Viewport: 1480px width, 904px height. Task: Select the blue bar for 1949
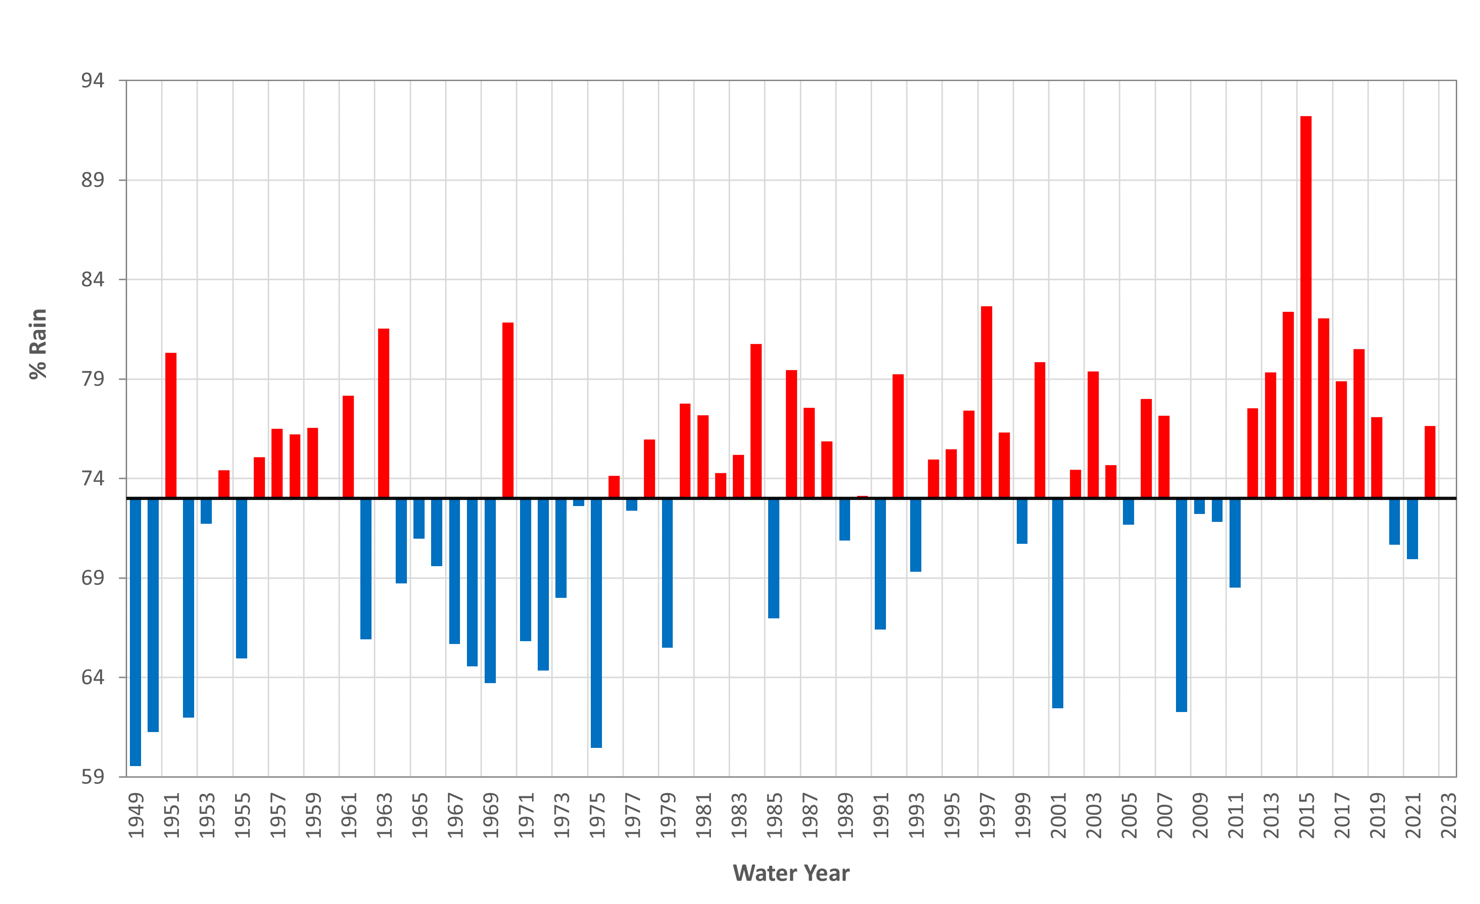[135, 631]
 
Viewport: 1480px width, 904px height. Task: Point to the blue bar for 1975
[596, 623]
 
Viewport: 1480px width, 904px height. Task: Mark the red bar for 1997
[986, 402]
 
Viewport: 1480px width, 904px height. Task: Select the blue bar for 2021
[1412, 528]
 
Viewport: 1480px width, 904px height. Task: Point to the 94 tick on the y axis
[93, 81]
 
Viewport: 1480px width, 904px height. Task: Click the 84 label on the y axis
[93, 280]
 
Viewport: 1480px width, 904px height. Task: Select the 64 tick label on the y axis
[93, 678]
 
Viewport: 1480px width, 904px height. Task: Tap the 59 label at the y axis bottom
[93, 777]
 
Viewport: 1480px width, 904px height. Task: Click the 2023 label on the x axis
[1448, 815]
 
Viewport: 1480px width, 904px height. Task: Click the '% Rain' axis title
[38, 344]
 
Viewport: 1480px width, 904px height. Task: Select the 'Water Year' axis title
[791, 873]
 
